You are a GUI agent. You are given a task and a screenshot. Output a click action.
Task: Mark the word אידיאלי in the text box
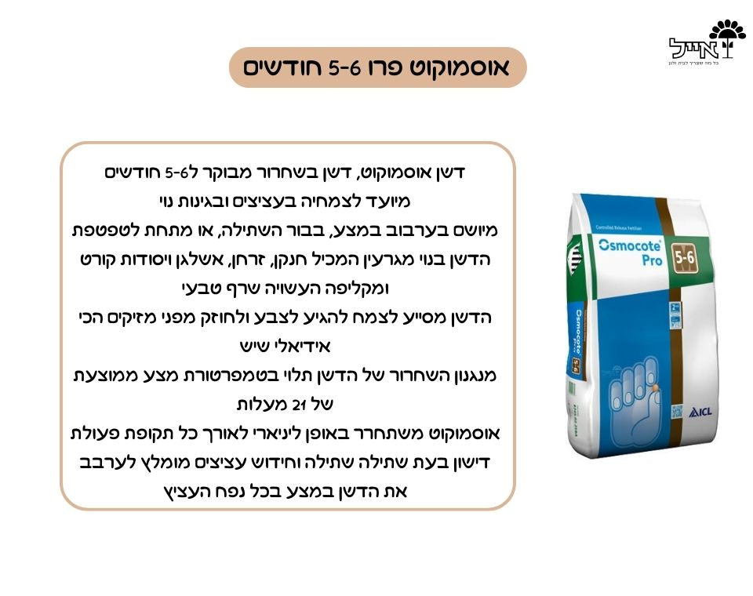tap(301, 346)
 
